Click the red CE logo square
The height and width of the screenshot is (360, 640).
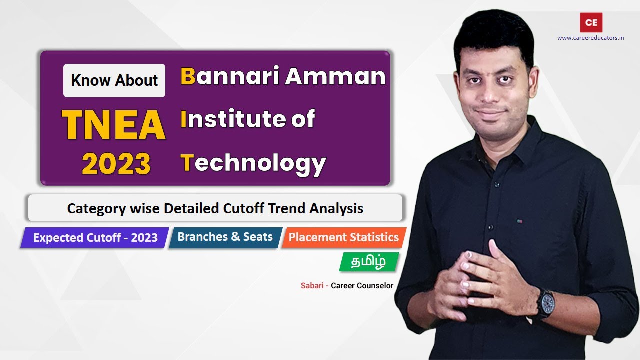pos(591,22)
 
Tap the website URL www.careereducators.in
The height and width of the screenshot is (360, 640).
pos(590,38)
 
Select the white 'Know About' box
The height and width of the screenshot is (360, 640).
pos(114,80)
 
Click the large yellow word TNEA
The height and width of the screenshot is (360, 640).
pos(114,125)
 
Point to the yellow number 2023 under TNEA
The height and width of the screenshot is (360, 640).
pos(116,164)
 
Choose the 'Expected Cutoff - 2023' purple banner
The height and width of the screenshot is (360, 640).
pos(95,238)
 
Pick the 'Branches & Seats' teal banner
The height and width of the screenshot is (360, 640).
pos(225,237)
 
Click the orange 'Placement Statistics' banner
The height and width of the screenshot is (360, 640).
pos(343,237)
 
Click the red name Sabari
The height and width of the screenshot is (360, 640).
pos(311,286)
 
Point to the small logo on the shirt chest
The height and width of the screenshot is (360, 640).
pos(520,220)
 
